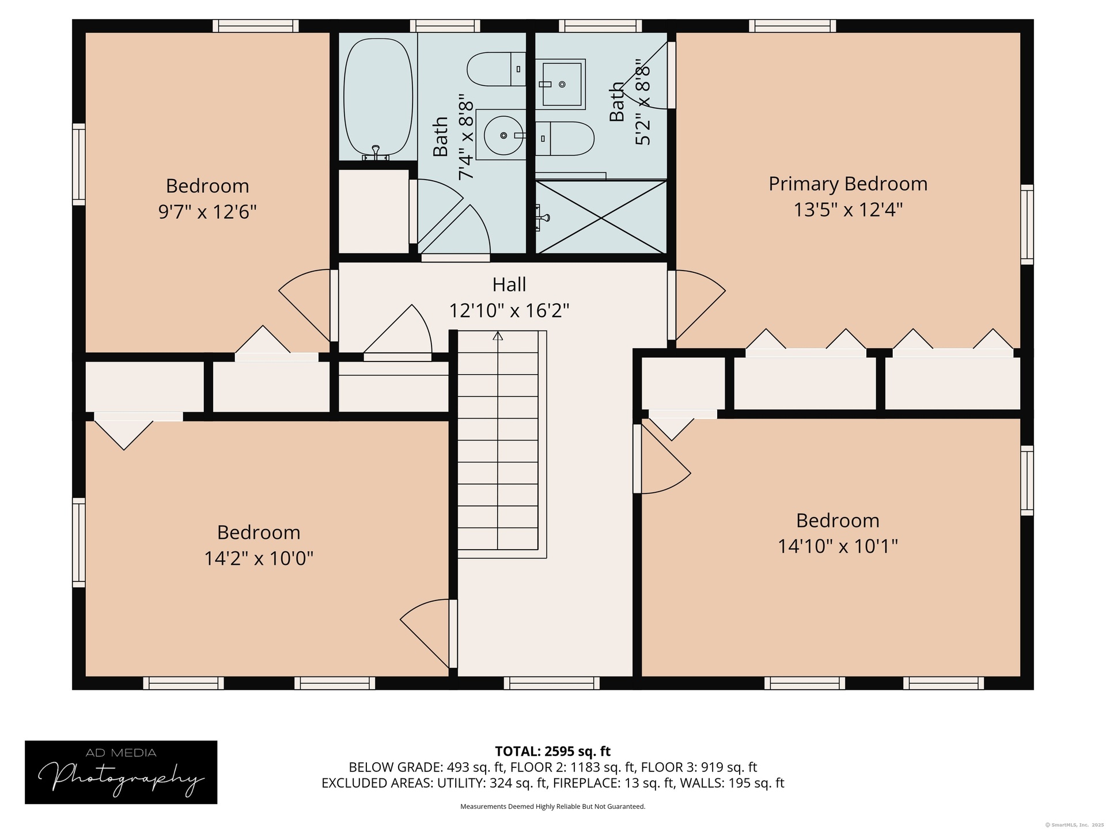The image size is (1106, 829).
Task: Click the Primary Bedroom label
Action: pos(848,184)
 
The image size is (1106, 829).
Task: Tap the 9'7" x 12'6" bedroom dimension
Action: pos(207,212)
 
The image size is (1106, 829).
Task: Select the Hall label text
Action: pos(509,284)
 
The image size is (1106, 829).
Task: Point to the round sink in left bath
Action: pos(503,135)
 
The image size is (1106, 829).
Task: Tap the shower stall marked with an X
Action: pos(601,217)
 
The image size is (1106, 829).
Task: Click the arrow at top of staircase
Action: pos(498,336)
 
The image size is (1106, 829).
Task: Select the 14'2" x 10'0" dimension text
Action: pos(259,558)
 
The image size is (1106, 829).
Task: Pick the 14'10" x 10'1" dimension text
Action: pos(838,546)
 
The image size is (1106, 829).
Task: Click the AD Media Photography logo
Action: pos(121,772)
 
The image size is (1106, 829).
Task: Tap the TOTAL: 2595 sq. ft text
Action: pos(553,751)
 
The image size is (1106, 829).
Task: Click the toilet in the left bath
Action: pos(496,69)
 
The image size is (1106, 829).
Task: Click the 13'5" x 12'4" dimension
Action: pos(848,210)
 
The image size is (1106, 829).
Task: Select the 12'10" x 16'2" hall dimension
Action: pos(509,311)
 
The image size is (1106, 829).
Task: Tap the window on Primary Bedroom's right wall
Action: pos(1027,225)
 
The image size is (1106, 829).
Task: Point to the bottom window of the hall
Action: pos(552,683)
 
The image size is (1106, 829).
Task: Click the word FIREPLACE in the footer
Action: pos(582,783)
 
